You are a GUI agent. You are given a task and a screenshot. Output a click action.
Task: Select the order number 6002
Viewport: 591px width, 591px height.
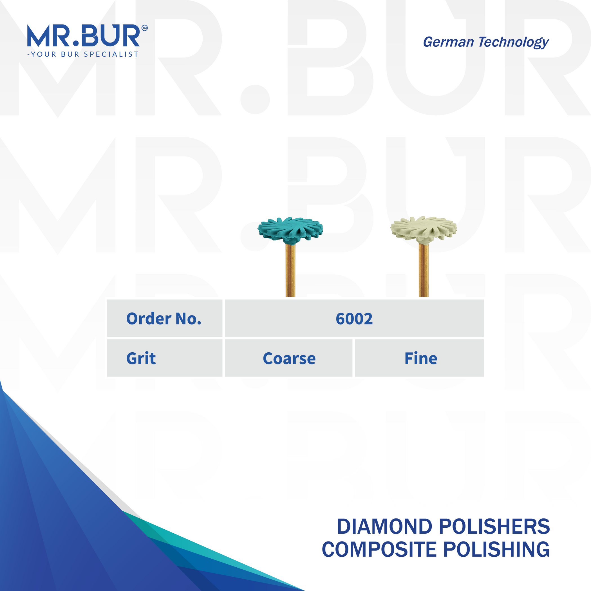point(354,319)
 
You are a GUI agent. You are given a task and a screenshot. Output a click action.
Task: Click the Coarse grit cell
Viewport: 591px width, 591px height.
point(289,358)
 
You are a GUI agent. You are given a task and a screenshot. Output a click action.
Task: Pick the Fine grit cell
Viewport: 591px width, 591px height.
point(421,358)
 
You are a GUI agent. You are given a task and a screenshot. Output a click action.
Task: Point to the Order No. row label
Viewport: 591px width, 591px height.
point(164,319)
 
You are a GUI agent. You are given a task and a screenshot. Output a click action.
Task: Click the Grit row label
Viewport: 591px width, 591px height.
point(141,358)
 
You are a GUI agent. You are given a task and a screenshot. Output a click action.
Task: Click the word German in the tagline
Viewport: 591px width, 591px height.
point(448,42)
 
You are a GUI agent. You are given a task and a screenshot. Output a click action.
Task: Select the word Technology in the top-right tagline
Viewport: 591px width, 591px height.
point(514,42)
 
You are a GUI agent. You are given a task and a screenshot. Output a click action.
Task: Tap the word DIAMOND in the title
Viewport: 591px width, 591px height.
point(384,527)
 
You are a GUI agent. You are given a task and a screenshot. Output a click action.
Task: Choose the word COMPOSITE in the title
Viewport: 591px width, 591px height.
point(379,550)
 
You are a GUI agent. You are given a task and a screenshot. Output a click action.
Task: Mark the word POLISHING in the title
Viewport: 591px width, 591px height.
point(496,550)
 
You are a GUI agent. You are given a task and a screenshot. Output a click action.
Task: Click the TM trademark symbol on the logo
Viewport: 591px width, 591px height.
point(144,28)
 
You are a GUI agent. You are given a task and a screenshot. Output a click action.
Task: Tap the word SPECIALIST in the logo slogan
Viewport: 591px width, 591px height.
point(111,54)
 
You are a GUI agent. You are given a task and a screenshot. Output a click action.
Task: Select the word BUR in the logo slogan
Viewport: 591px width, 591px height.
point(70,54)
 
